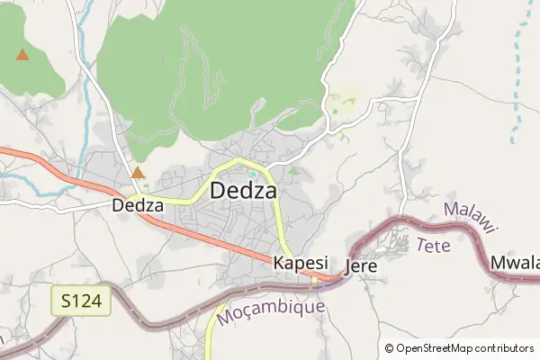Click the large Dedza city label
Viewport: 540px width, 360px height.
click(243, 191)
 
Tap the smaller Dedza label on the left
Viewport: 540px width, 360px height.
click(138, 205)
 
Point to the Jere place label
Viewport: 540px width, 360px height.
click(360, 267)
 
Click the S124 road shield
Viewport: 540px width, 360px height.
click(80, 301)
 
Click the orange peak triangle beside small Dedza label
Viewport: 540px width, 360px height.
click(138, 172)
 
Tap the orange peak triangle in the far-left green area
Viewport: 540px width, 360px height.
click(22, 55)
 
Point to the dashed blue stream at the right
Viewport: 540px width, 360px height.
click(520, 72)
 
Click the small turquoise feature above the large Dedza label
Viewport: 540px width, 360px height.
click(255, 173)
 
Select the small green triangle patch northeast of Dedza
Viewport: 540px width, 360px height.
click(293, 169)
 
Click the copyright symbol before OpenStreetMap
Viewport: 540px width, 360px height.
click(390, 348)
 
